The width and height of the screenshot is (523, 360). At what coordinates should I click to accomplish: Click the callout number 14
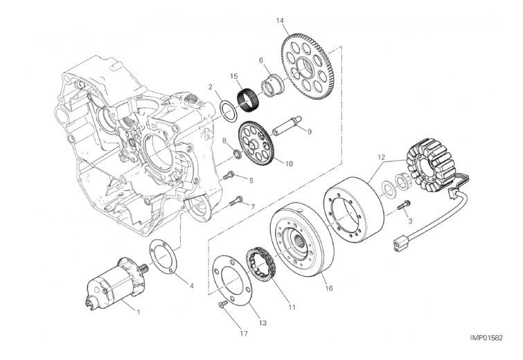(280, 21)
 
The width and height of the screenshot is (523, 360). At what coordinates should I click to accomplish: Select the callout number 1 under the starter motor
(138, 312)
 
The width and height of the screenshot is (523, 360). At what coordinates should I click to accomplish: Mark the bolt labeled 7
(234, 201)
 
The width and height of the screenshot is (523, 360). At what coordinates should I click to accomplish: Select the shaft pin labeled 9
(283, 127)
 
